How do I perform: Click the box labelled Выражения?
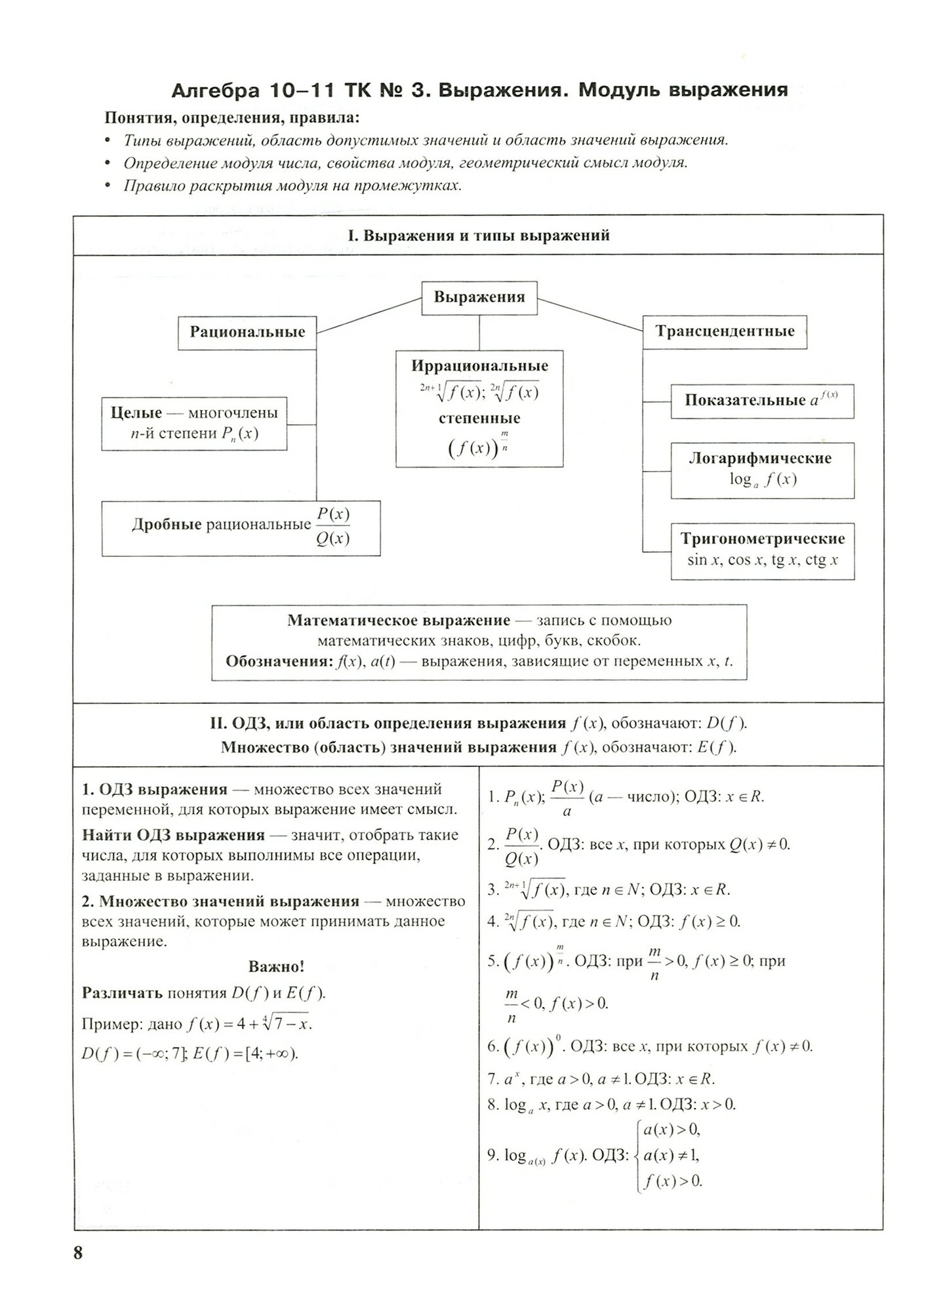479,297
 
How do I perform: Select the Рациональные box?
247,332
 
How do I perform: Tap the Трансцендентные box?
724,332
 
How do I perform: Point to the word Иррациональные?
479,366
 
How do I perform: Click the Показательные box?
762,401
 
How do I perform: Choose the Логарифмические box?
762,470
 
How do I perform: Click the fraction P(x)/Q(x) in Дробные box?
332,526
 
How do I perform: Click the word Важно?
276,967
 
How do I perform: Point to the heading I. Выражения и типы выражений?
479,236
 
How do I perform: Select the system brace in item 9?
636,1155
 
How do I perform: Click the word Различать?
122,993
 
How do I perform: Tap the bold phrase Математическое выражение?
399,621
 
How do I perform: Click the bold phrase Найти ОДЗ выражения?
173,836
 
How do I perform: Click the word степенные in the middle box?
479,419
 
